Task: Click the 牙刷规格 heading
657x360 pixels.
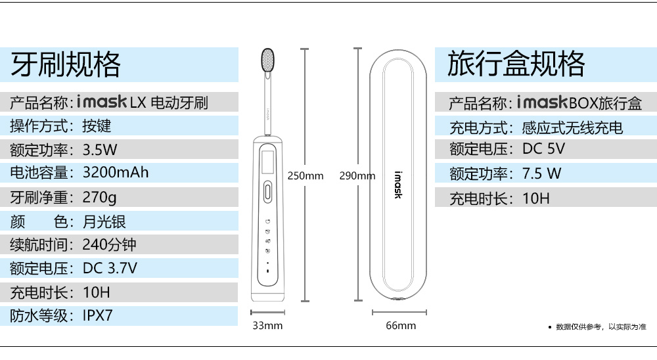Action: pyautogui.click(x=66, y=64)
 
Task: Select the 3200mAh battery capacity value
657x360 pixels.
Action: pyautogui.click(x=116, y=172)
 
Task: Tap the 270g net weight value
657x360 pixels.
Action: pyautogui.click(x=99, y=197)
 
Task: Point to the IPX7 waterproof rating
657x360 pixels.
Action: pyautogui.click(x=98, y=315)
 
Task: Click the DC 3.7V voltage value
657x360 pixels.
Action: pyautogui.click(x=110, y=268)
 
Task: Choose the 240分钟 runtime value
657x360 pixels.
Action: pyautogui.click(x=109, y=244)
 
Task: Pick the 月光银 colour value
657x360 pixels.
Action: pyautogui.click(x=104, y=221)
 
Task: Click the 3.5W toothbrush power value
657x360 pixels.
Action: pyautogui.click(x=100, y=150)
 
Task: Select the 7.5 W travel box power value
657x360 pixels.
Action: pyautogui.click(x=541, y=173)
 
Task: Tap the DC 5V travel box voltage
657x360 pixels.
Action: pyautogui.click(x=543, y=148)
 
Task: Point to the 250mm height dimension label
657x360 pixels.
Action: pyautogui.click(x=306, y=176)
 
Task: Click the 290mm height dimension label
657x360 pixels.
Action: pyautogui.click(x=357, y=176)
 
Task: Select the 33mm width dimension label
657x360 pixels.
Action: pyautogui.click(x=267, y=326)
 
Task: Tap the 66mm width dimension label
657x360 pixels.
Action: pyautogui.click(x=401, y=326)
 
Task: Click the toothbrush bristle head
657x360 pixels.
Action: pyautogui.click(x=268, y=60)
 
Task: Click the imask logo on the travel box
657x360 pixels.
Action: pyautogui.click(x=398, y=185)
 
